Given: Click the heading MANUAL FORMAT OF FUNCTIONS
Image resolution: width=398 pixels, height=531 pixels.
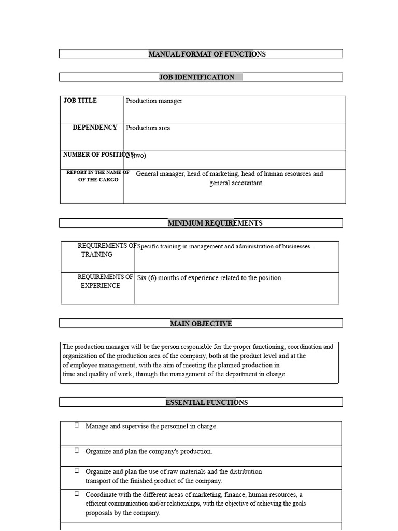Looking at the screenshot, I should click(x=207, y=54).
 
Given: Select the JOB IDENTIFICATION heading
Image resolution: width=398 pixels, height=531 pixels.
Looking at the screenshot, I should click(x=196, y=77).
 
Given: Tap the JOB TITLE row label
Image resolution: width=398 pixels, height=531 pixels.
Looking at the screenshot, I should click(x=80, y=101).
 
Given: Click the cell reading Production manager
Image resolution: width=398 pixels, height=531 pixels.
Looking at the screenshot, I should click(x=154, y=101).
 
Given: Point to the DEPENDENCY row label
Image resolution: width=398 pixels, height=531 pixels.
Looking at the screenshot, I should click(x=95, y=128).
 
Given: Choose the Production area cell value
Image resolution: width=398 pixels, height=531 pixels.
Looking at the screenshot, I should click(x=148, y=128).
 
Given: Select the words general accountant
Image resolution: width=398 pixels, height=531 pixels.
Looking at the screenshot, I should click(x=236, y=183).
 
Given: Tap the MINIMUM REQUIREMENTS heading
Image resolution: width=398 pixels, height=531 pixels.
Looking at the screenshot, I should click(x=215, y=223).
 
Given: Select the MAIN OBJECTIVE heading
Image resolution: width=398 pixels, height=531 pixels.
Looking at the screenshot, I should click(x=201, y=324).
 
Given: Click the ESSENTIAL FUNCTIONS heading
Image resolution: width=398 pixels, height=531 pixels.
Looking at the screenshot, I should click(x=206, y=403).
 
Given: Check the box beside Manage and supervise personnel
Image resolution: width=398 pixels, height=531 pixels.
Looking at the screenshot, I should click(x=77, y=425).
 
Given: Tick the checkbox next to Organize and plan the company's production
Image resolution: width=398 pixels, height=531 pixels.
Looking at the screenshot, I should click(x=77, y=450).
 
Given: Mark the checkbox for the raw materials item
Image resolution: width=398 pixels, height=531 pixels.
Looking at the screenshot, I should click(x=77, y=470).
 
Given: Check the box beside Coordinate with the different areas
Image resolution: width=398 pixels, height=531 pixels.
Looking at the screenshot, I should click(x=77, y=494).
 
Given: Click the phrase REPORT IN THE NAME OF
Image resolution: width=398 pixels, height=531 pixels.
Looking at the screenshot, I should click(x=97, y=172).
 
